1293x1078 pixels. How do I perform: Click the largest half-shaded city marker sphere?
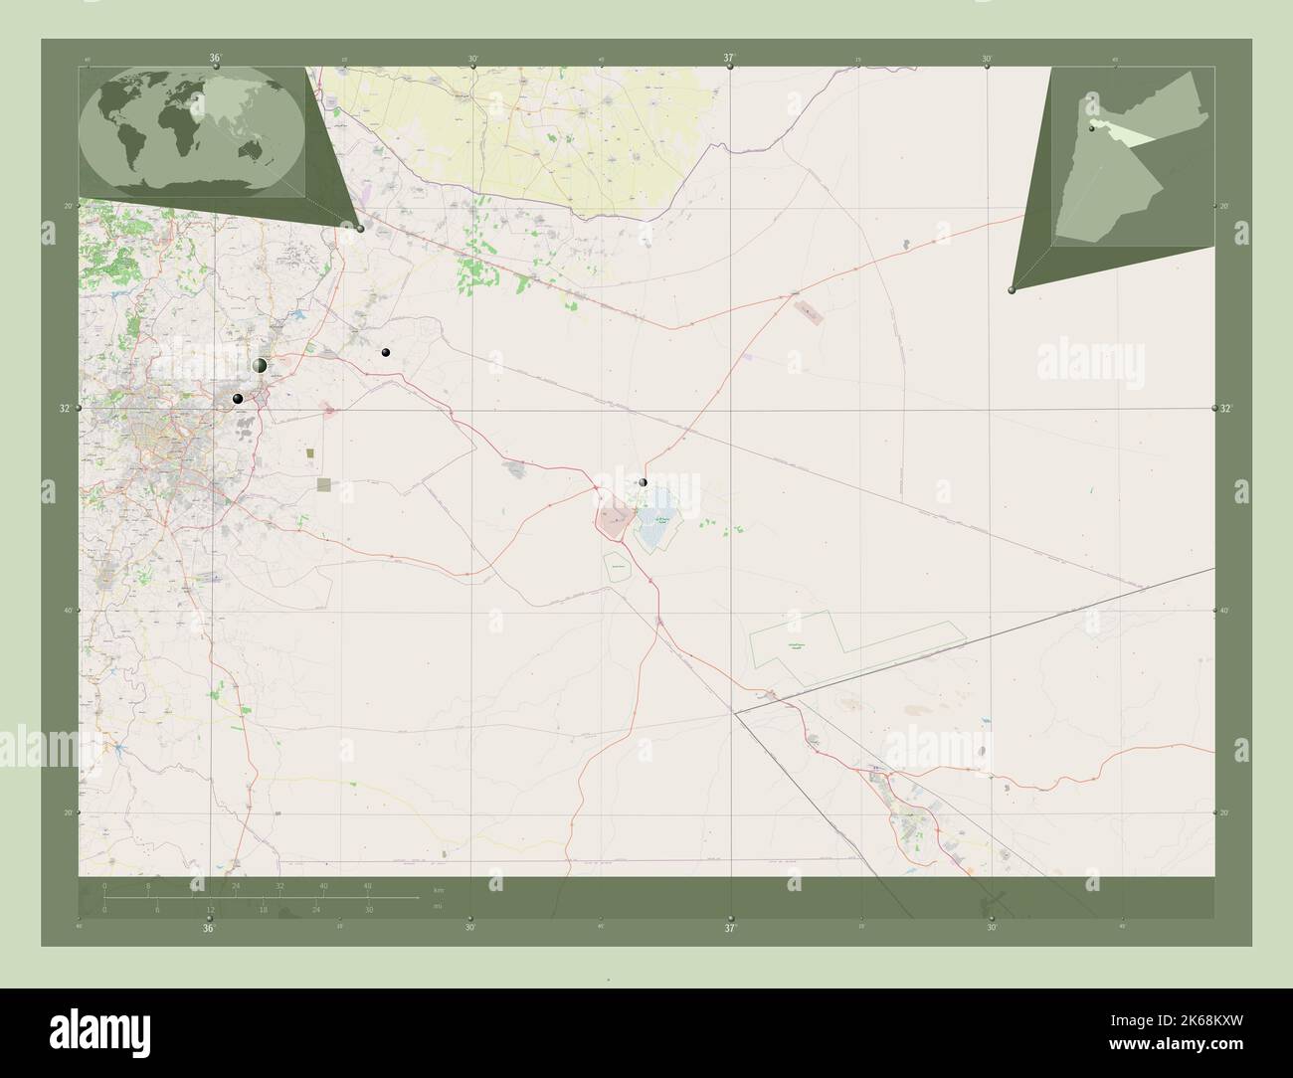[x=260, y=366]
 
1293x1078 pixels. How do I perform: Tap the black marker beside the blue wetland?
[x=644, y=482]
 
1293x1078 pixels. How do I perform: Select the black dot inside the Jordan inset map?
[x=1091, y=128]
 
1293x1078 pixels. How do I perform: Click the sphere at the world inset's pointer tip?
[x=360, y=228]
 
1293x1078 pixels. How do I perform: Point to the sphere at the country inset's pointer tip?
[x=1012, y=290]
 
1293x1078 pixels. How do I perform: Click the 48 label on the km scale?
[x=367, y=886]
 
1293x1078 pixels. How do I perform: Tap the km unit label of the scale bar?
[x=438, y=889]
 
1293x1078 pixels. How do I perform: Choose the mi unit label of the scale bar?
[x=438, y=906]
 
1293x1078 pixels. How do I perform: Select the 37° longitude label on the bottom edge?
[x=730, y=929]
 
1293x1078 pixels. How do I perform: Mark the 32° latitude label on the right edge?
[x=1225, y=409]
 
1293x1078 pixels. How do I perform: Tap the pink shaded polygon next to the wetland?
[x=614, y=518]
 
